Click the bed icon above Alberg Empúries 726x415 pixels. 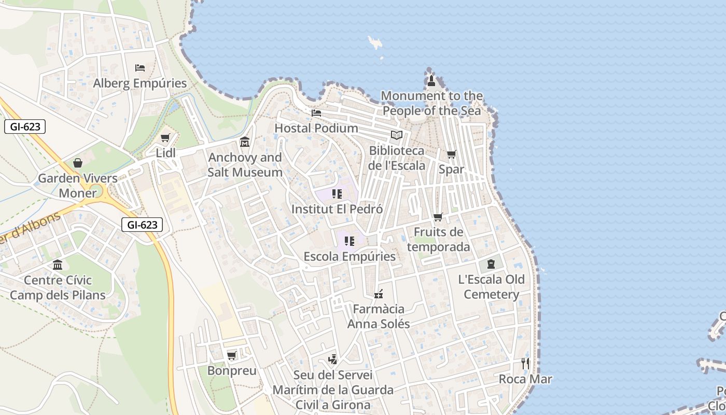click(x=139, y=67)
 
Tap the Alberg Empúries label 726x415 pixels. click(x=139, y=83)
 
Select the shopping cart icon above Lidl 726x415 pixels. click(x=165, y=138)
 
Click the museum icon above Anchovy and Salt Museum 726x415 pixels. click(x=245, y=142)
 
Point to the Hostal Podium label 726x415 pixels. click(x=316, y=128)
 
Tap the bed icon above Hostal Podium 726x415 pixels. click(x=316, y=113)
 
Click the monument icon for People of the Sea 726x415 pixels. click(x=431, y=80)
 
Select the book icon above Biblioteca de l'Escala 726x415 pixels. click(x=397, y=135)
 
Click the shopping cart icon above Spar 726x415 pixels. click(x=452, y=154)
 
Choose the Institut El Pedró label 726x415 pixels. click(x=337, y=209)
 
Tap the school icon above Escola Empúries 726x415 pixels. click(x=350, y=241)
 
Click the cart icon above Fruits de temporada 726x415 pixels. click(x=438, y=217)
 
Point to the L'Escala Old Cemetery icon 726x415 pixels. click(x=491, y=264)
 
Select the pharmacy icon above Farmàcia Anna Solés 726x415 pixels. click(x=379, y=294)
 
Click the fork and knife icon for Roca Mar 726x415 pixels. click(x=525, y=363)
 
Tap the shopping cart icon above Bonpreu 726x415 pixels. click(x=232, y=355)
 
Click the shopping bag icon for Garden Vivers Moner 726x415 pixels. click(x=78, y=163)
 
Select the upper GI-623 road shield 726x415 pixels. click(x=25, y=127)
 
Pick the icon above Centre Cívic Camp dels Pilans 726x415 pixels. click(x=58, y=265)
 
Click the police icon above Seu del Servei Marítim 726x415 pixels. click(x=332, y=359)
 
